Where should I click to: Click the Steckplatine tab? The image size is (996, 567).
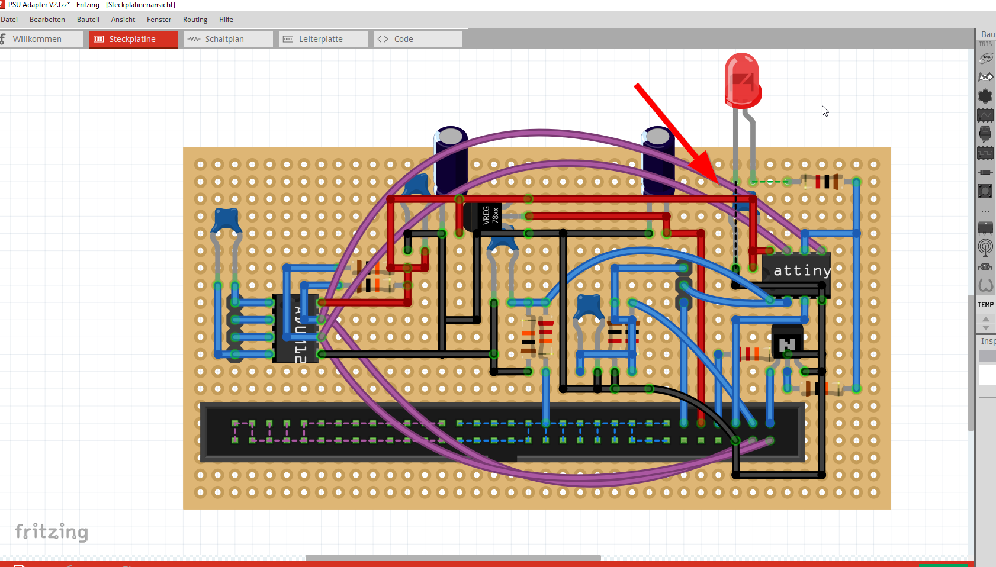133,39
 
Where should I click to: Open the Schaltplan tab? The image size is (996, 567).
224,39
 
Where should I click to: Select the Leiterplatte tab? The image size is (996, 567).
320,39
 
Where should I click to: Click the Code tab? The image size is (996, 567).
403,39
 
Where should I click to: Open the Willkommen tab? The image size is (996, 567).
37,39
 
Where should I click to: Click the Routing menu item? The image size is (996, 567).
195,20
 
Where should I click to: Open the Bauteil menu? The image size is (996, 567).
88,20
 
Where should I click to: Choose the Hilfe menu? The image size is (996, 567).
226,20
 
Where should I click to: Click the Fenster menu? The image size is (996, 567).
159,20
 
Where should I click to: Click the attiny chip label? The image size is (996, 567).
802,271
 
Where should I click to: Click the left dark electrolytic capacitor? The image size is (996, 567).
451,160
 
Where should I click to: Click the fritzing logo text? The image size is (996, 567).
52,531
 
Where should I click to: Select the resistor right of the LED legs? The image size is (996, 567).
821,182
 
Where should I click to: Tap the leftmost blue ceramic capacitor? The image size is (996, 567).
226,220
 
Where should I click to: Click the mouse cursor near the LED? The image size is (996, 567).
824,111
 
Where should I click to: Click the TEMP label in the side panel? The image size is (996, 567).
985,305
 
